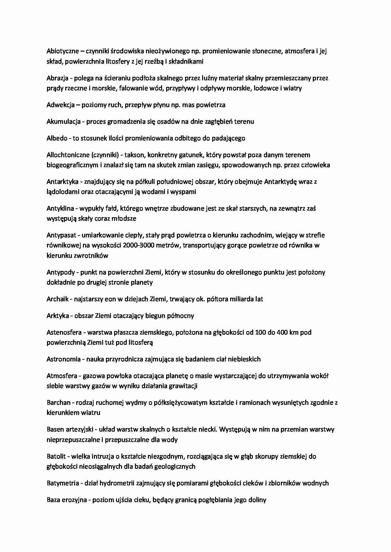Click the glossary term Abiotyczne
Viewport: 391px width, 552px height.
point(63,51)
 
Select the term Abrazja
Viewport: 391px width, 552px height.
point(57,78)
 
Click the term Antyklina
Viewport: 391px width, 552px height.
point(60,208)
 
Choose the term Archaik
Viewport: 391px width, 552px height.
point(58,299)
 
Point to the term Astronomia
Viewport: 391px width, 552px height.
point(64,359)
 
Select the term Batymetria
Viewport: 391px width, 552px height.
point(62,483)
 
